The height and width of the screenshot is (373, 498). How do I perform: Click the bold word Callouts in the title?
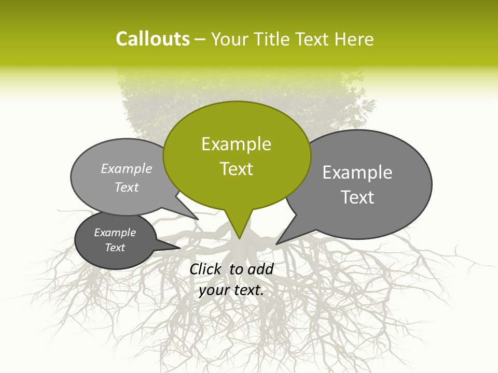pyautogui.click(x=153, y=39)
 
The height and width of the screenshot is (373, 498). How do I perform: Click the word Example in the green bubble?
pyautogui.click(x=236, y=144)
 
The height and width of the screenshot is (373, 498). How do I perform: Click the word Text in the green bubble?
pyautogui.click(x=236, y=169)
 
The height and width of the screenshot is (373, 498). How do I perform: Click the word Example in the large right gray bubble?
pyautogui.click(x=357, y=173)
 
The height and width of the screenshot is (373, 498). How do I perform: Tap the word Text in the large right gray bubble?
pyautogui.click(x=357, y=197)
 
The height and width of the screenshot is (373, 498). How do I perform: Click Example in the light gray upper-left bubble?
pyautogui.click(x=127, y=168)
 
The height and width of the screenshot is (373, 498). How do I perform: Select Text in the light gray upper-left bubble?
pyautogui.click(x=127, y=187)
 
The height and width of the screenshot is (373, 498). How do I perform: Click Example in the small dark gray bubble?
pyautogui.click(x=115, y=233)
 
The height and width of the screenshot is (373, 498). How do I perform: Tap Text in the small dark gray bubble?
pyautogui.click(x=115, y=248)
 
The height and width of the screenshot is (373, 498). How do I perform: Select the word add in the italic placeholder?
pyautogui.click(x=260, y=269)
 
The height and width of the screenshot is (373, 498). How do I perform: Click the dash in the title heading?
pyautogui.click(x=200, y=39)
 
